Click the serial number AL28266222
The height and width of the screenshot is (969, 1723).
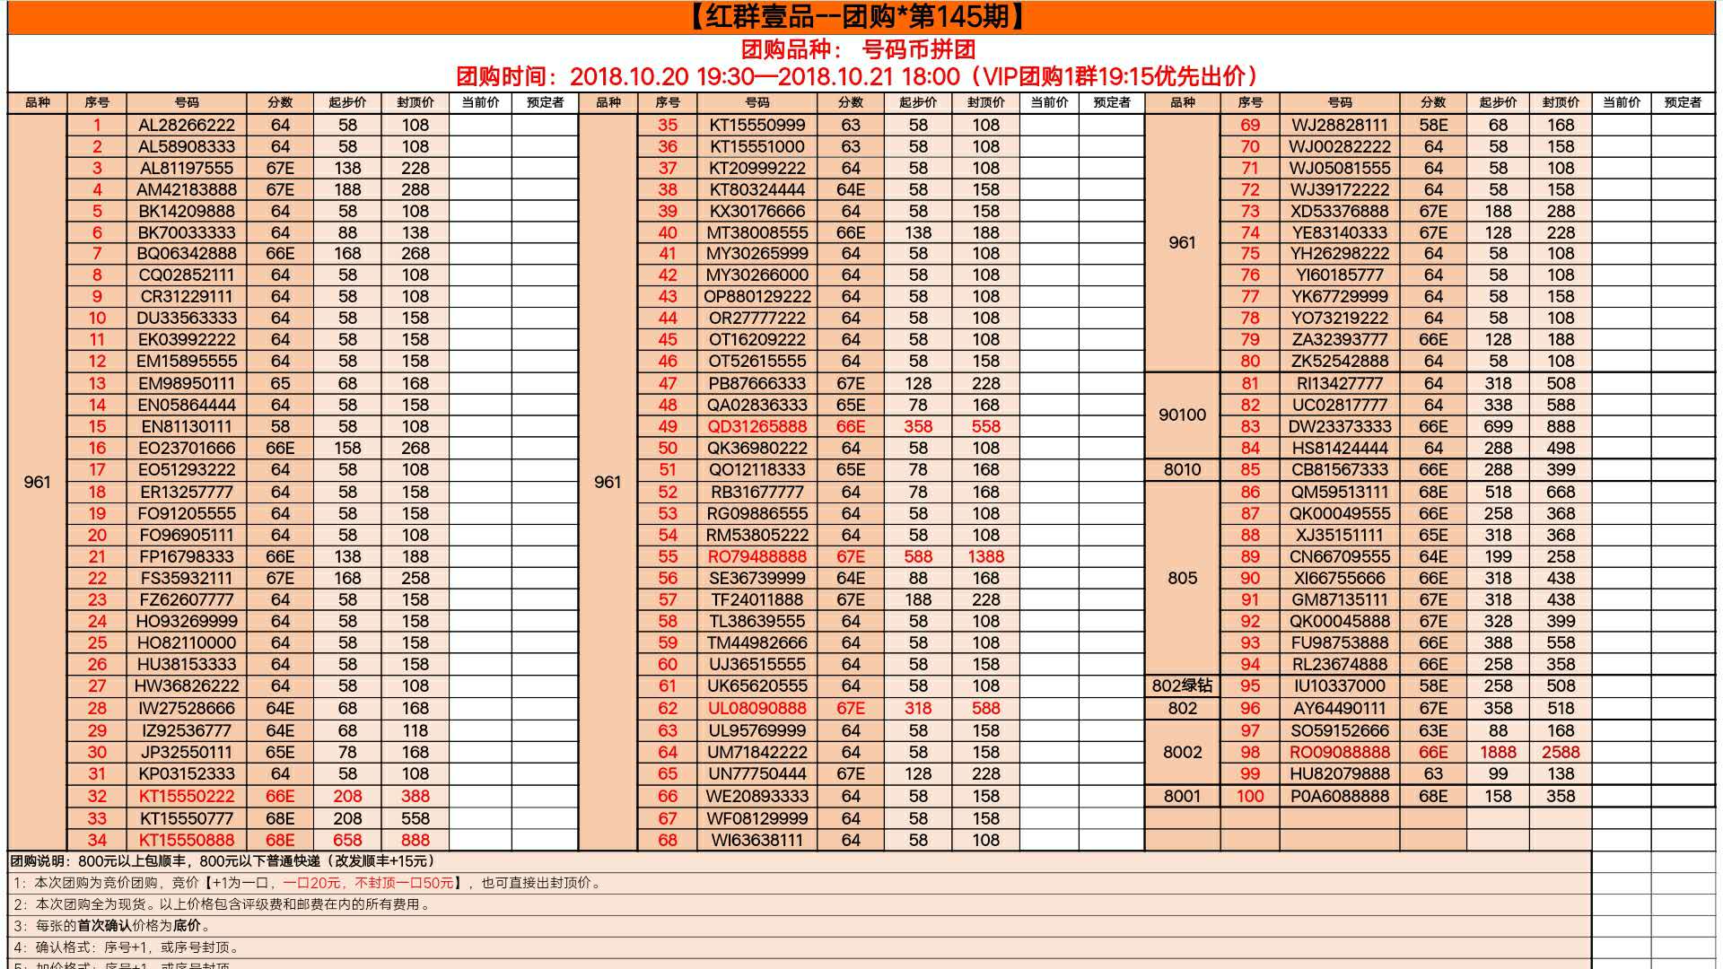186,125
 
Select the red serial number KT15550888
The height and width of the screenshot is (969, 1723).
186,840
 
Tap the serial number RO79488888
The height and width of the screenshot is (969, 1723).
757,556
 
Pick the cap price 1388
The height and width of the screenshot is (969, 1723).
985,556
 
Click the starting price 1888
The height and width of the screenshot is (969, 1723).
1498,752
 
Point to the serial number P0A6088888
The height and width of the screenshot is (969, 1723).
1339,796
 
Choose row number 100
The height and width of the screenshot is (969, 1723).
1249,796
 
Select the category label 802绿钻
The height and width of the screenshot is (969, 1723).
1182,685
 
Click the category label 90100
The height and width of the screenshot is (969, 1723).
1182,415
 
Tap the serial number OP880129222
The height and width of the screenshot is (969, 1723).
757,296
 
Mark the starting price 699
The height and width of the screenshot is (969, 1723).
1498,426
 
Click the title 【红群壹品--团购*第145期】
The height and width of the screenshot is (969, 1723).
860,17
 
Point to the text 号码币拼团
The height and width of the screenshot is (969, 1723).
918,49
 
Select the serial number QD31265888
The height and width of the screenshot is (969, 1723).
757,426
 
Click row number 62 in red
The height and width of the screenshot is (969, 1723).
667,708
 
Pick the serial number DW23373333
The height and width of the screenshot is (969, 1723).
1339,426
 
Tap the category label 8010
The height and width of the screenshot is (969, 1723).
1182,469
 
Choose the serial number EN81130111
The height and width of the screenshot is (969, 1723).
186,426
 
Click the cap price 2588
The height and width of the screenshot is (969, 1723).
1560,752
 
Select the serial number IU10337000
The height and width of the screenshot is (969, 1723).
1339,685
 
